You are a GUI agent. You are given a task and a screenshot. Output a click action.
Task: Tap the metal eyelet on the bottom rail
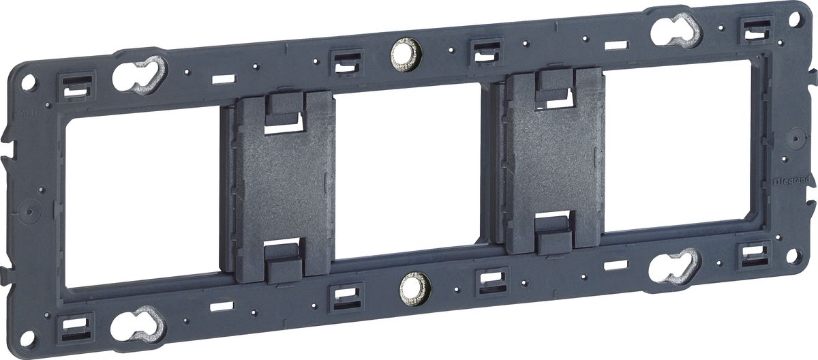[414, 289]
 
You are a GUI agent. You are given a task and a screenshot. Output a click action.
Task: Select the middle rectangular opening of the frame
[410, 172]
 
